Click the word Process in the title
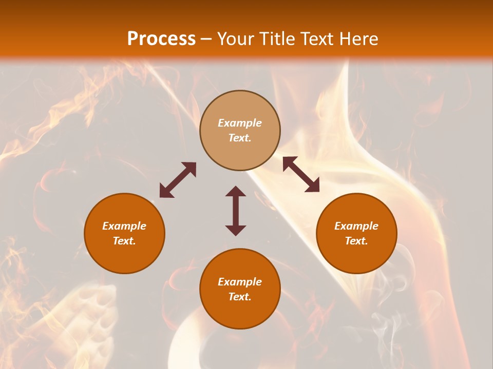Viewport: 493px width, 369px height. (x=161, y=39)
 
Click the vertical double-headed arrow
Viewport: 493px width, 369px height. (x=236, y=211)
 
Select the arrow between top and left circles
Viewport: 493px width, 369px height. (x=178, y=180)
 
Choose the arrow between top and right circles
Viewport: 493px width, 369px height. (x=301, y=174)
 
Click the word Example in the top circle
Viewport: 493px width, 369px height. (x=240, y=123)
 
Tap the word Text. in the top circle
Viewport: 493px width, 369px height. (x=240, y=138)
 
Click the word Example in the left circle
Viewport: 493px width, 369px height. (x=124, y=226)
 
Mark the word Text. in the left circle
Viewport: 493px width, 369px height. (x=124, y=241)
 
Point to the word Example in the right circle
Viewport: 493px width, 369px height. (x=356, y=226)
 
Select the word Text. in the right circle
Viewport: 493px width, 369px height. (x=356, y=241)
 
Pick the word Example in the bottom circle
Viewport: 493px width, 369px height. (x=240, y=282)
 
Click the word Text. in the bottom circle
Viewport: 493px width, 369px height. (x=240, y=297)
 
